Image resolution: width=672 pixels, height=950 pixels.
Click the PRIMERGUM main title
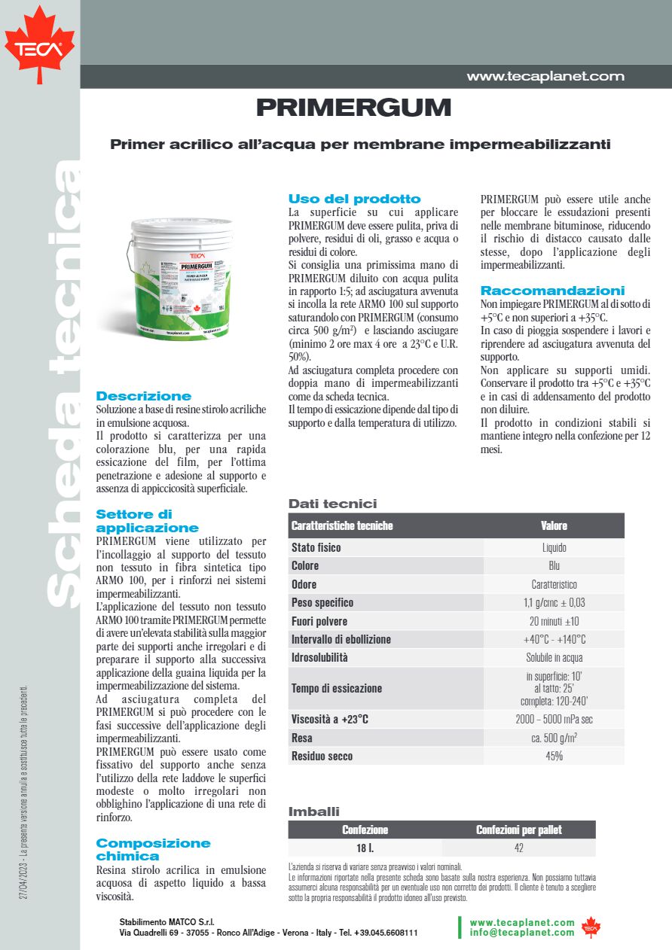(x=353, y=108)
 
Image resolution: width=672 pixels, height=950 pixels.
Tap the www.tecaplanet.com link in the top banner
(x=545, y=76)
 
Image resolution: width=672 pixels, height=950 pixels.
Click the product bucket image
(x=182, y=278)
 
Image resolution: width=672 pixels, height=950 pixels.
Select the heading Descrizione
(x=144, y=396)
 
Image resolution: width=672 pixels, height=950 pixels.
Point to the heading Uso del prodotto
(x=354, y=199)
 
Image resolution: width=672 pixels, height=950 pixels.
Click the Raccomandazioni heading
(x=552, y=291)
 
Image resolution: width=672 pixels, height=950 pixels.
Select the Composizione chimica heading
(x=153, y=849)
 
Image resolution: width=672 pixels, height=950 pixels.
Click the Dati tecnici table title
(x=332, y=504)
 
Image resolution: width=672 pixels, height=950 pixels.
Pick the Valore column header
(x=554, y=525)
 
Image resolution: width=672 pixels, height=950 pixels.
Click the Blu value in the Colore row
(x=554, y=566)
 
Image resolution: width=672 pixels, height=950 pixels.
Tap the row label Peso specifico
(x=322, y=602)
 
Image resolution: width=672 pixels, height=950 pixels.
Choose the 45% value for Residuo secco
(x=554, y=756)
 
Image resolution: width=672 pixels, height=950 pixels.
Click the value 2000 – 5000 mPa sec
(x=554, y=720)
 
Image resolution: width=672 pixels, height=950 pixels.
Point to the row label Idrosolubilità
(x=319, y=657)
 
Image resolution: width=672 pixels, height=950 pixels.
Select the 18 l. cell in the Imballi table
(x=365, y=848)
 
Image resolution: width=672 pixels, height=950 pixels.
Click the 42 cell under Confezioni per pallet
(x=518, y=848)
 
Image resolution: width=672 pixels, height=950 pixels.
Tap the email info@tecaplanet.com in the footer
(x=521, y=933)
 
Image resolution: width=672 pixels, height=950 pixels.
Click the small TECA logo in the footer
(x=591, y=927)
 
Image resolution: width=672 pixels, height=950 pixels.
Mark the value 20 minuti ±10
(x=554, y=621)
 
